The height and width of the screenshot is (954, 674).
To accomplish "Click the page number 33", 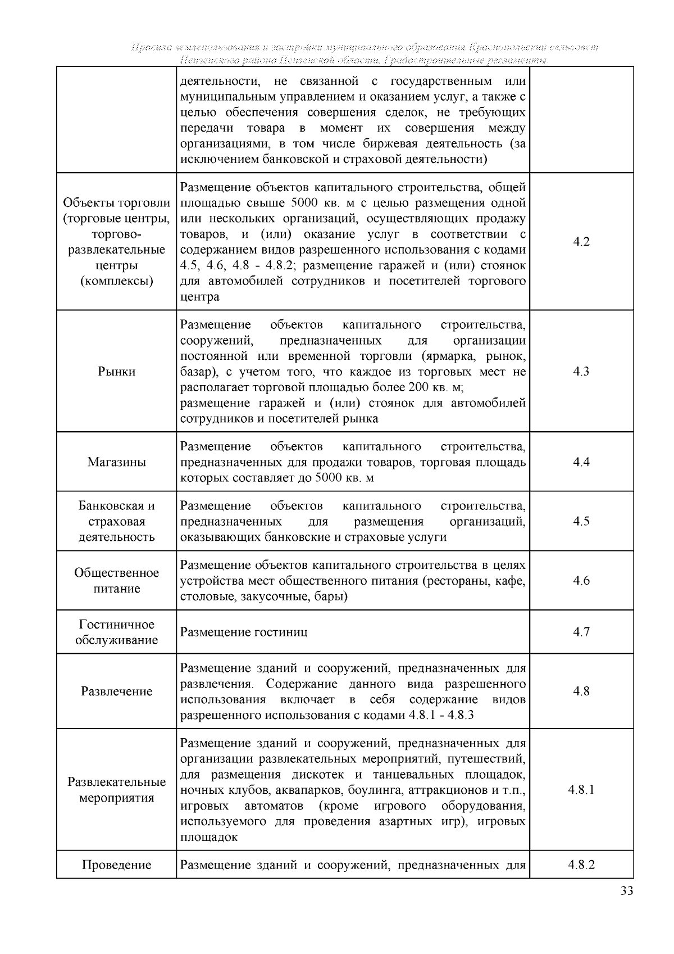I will (x=627, y=891).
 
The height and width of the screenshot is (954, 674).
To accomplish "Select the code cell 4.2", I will (x=581, y=242).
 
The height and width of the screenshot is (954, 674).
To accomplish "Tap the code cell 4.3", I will (x=581, y=372).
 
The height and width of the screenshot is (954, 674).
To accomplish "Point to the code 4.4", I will (x=581, y=462).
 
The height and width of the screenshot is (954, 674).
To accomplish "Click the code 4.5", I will (x=581, y=521).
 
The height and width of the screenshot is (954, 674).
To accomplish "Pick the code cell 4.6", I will (x=581, y=581).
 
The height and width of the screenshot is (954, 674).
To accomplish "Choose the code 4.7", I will (x=581, y=632).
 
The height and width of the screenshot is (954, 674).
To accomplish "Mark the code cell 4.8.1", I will (x=581, y=789).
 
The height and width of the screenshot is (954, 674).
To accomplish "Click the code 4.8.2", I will (x=581, y=865).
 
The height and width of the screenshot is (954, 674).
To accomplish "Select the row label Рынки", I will (x=116, y=372).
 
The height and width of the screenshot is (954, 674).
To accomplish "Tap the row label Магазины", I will (x=116, y=462).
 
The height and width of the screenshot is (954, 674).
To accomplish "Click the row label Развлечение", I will (x=116, y=691).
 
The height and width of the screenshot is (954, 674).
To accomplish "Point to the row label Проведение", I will (x=116, y=865).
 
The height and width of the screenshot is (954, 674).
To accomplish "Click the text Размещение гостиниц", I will (x=244, y=632).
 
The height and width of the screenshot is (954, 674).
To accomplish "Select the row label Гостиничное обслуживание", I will (x=116, y=632).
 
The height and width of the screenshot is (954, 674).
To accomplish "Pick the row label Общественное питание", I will (x=116, y=581).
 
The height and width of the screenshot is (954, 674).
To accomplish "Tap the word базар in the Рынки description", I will (x=195, y=372).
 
